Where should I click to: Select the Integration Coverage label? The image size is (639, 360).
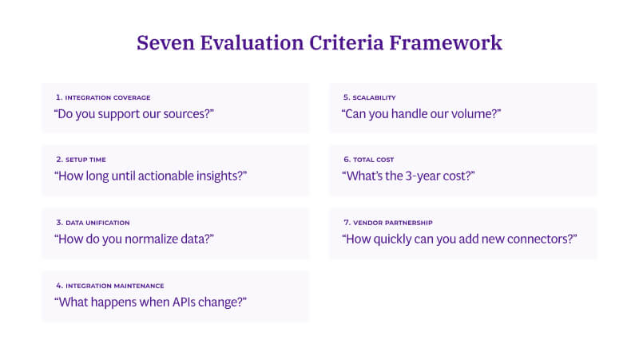click(x=107, y=97)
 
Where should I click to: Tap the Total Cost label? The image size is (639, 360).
click(x=372, y=160)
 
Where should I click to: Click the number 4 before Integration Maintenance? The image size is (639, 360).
click(x=58, y=285)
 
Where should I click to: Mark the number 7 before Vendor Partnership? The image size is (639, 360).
click(x=344, y=223)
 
